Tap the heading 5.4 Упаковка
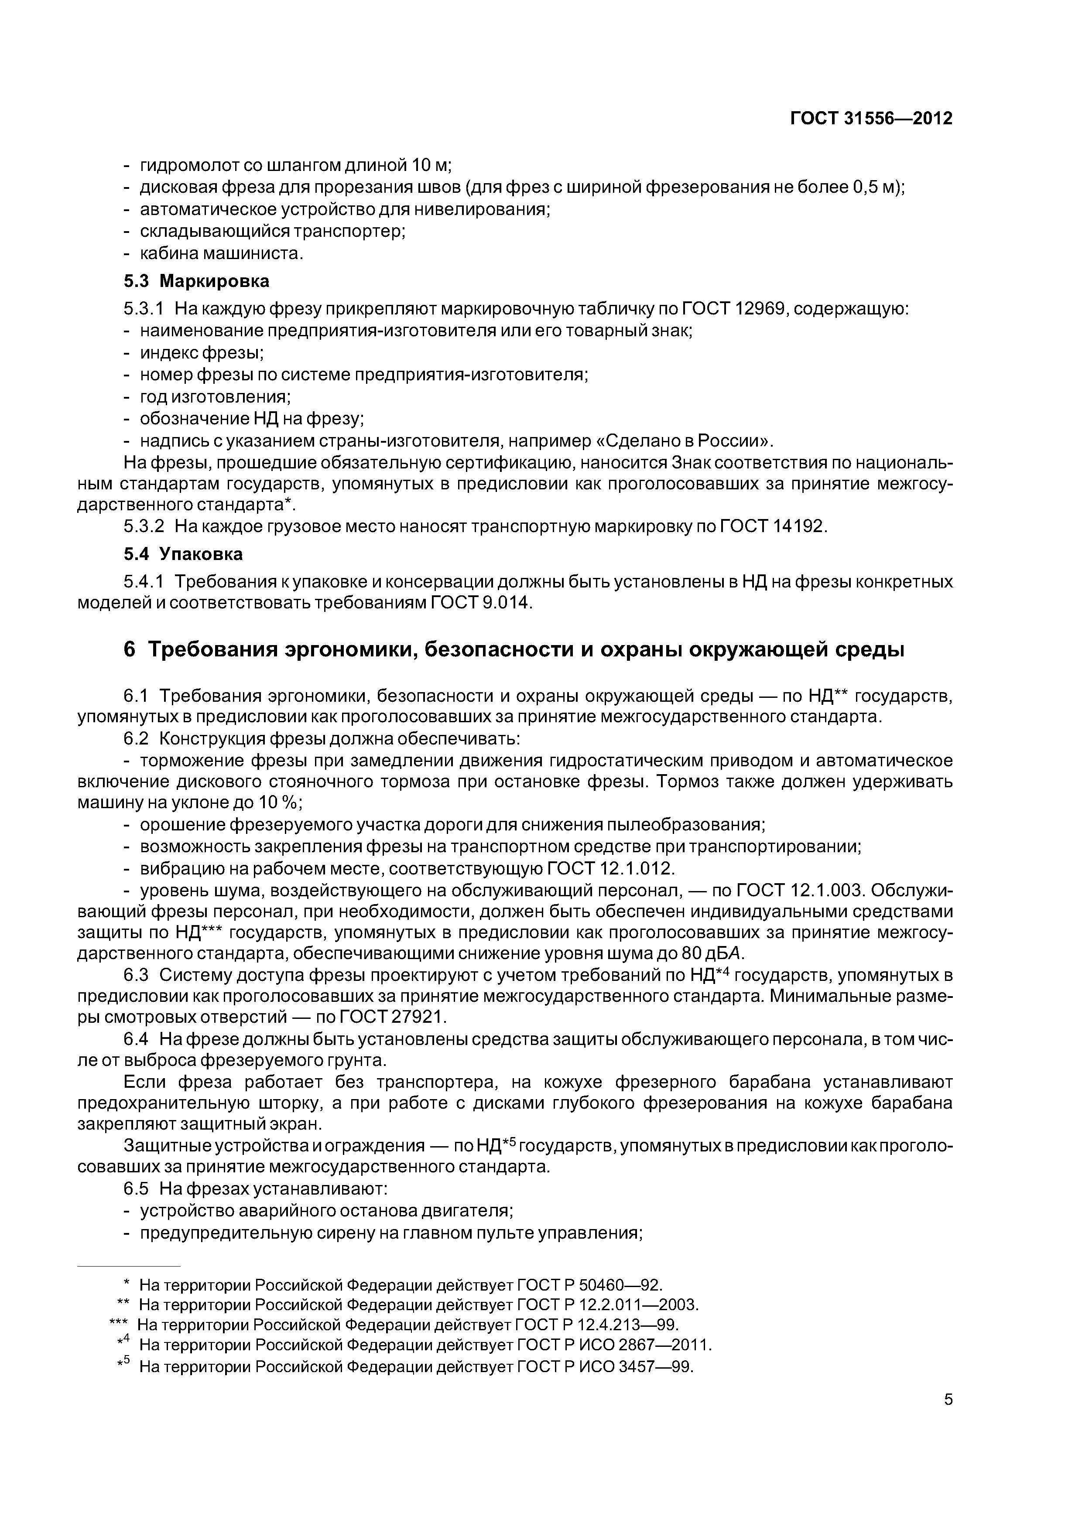(x=183, y=554)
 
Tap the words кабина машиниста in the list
(x=221, y=254)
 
